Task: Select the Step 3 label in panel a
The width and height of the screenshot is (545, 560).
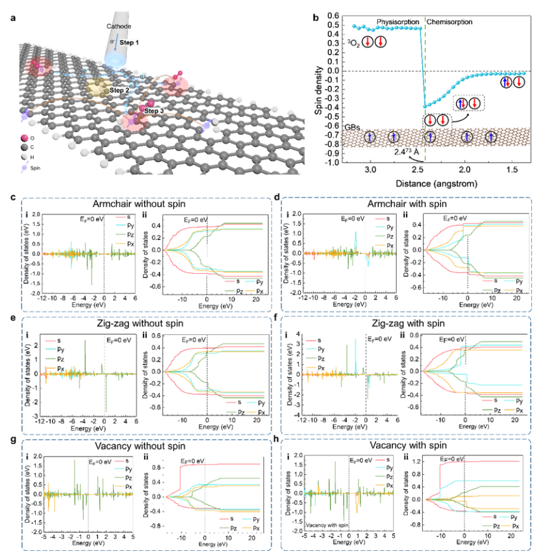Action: (x=154, y=111)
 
